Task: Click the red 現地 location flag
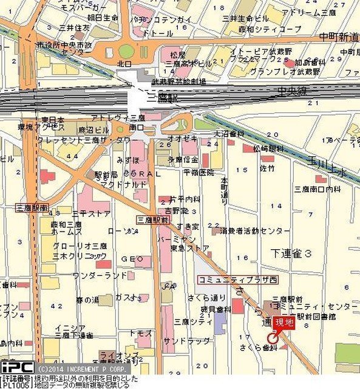click(x=284, y=322)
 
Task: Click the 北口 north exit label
click(x=125, y=63)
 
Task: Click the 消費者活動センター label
click(x=255, y=231)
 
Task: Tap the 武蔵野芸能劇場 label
click(x=178, y=81)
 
